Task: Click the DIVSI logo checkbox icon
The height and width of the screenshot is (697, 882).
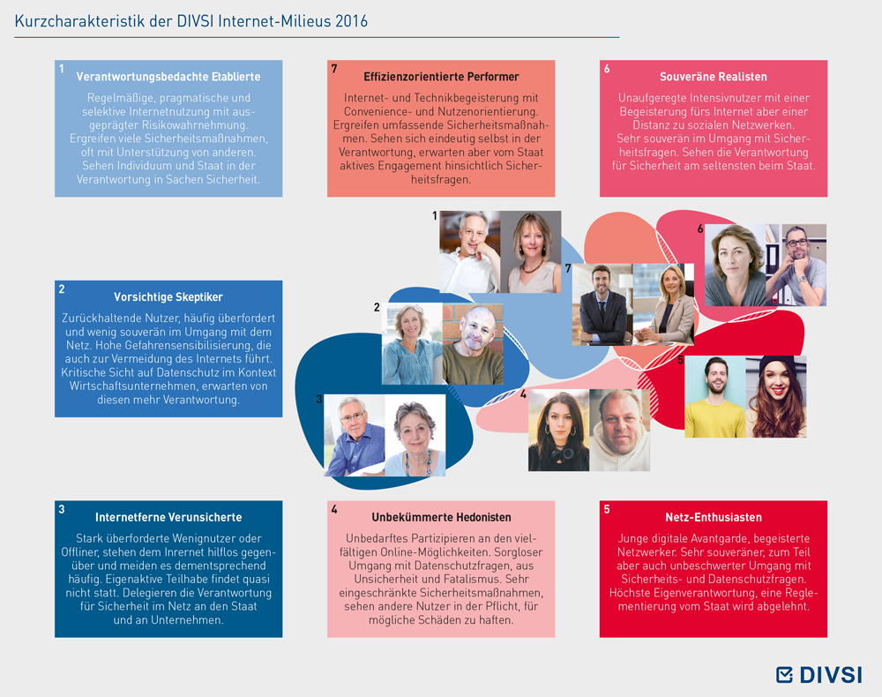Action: pyautogui.click(x=784, y=674)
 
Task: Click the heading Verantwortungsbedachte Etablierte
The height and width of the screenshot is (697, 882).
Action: pyautogui.click(x=168, y=77)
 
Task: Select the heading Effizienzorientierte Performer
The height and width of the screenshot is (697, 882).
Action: pyautogui.click(x=441, y=77)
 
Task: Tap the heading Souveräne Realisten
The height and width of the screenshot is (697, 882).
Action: pyautogui.click(x=714, y=77)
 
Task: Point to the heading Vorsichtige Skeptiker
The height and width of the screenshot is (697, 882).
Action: pyautogui.click(x=168, y=297)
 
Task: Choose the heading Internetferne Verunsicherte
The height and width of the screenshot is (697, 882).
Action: pyautogui.click(x=168, y=517)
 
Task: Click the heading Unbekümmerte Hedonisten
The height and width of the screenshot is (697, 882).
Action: pyautogui.click(x=441, y=517)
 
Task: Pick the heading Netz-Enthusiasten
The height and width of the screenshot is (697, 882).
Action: pyautogui.click(x=714, y=517)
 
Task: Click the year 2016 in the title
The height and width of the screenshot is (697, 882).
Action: pyautogui.click(x=351, y=21)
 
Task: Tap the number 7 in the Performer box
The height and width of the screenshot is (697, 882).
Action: pyautogui.click(x=334, y=69)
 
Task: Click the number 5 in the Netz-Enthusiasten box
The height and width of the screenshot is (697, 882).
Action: pyautogui.click(x=607, y=509)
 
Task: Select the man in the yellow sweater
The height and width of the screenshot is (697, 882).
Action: pyautogui.click(x=715, y=397)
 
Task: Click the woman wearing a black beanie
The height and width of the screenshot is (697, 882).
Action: pyautogui.click(x=776, y=397)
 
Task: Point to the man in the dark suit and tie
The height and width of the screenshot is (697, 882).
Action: pyautogui.click(x=602, y=304)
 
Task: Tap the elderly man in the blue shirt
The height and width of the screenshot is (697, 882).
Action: pyautogui.click(x=355, y=436)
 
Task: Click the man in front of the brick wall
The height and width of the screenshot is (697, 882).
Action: pyautogui.click(x=473, y=344)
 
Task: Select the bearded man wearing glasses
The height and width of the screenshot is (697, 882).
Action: pyautogui.click(x=796, y=265)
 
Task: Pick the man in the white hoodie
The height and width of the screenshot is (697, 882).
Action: pyautogui.click(x=620, y=431)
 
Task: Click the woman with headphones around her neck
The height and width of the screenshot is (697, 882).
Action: pyautogui.click(x=558, y=431)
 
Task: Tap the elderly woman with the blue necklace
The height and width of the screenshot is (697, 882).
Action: pyautogui.click(x=415, y=436)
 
